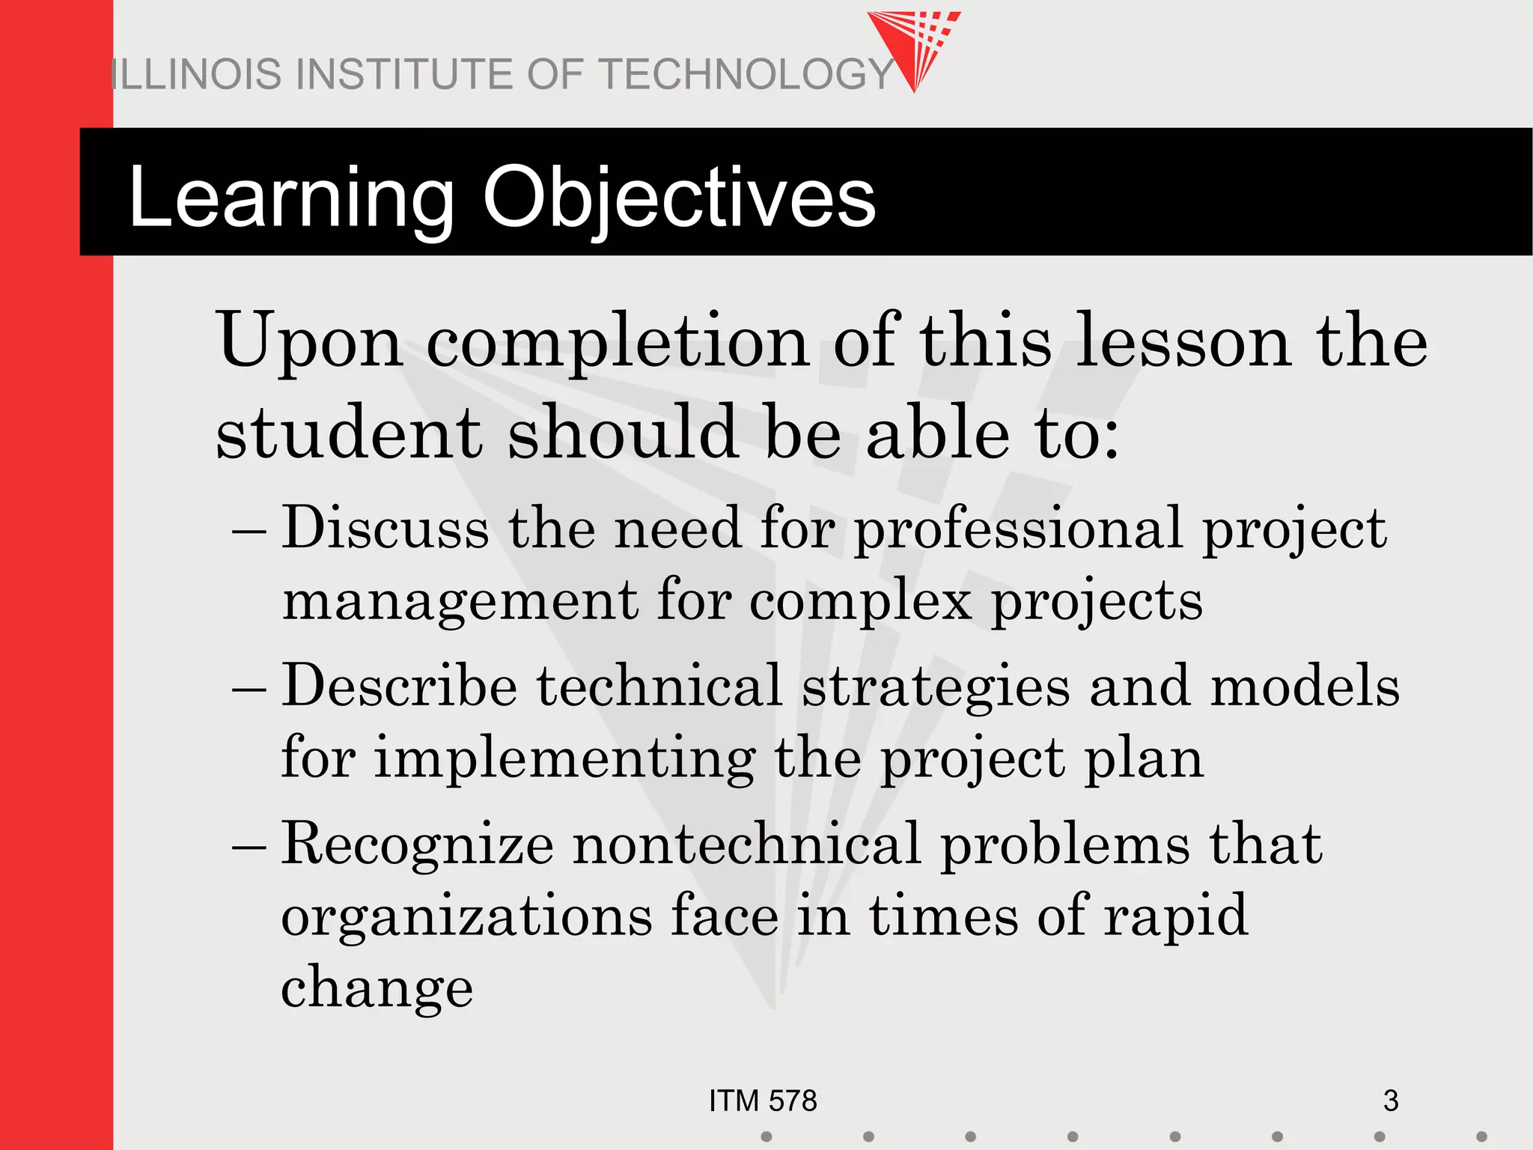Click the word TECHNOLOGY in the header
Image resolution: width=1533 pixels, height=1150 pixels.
click(x=747, y=75)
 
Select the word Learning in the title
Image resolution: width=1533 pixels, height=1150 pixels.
click(x=291, y=198)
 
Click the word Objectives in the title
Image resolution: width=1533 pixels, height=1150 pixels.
click(x=679, y=198)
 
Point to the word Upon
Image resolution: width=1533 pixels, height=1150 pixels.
click(x=309, y=341)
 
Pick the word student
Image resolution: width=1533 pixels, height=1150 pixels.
click(x=349, y=433)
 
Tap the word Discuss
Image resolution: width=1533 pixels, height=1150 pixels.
click(x=385, y=529)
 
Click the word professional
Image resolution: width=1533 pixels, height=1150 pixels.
click(x=1019, y=529)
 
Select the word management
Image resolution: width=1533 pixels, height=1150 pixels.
click(x=460, y=602)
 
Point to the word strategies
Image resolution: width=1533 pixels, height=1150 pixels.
click(x=936, y=687)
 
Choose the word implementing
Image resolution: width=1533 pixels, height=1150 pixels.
click(x=564, y=759)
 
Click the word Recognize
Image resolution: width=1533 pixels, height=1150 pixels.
click(x=417, y=845)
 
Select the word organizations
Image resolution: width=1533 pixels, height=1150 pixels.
click(x=466, y=916)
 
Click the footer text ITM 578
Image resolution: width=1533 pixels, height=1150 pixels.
click(x=763, y=1101)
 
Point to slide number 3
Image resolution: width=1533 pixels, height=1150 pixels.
click(x=1390, y=1101)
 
